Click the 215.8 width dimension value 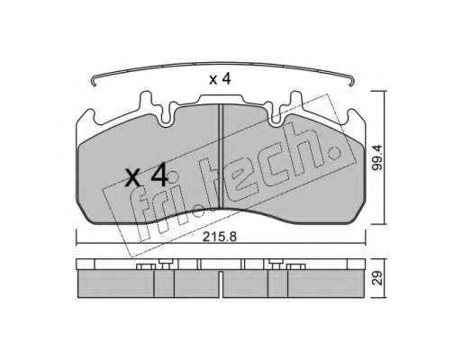point(220,237)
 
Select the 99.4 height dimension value point(377,157)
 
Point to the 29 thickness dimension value point(377,278)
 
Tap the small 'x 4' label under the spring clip point(220,79)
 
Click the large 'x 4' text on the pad point(146,175)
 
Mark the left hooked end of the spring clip point(94,82)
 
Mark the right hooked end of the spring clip point(352,82)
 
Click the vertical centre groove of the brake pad point(221,156)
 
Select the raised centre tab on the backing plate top point(221,100)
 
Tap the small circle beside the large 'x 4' point(173,177)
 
